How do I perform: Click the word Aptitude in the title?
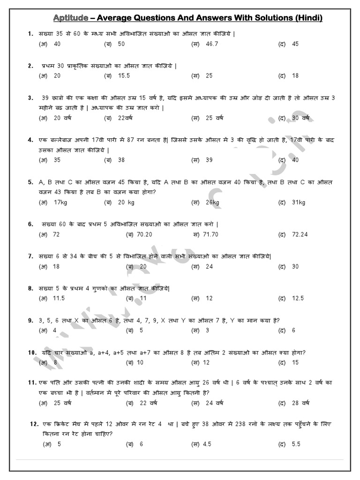click(x=71, y=18)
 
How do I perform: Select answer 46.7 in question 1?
click(x=212, y=44)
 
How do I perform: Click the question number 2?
click(x=30, y=66)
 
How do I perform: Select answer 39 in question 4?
click(x=209, y=160)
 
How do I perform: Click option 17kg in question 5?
click(x=61, y=202)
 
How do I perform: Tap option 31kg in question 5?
click(x=299, y=202)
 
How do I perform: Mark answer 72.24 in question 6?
click(x=300, y=234)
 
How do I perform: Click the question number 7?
click(x=30, y=256)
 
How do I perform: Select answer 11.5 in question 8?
click(x=59, y=298)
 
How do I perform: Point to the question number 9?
click(x=30, y=320)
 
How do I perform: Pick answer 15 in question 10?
click(x=295, y=362)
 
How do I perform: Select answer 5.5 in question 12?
click(x=296, y=444)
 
